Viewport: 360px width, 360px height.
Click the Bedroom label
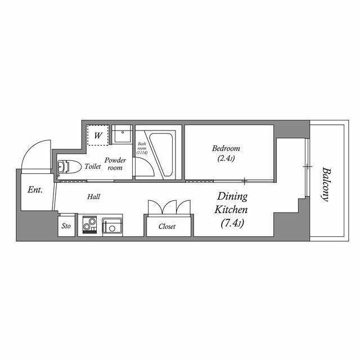(x=226, y=148)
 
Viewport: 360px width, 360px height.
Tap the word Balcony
(x=326, y=184)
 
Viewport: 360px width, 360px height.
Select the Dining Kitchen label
(x=231, y=203)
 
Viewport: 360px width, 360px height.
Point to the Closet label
(x=167, y=226)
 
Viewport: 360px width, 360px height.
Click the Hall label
(x=94, y=196)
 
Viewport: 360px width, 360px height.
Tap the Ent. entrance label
(x=35, y=190)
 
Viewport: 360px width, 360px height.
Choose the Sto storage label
(x=66, y=226)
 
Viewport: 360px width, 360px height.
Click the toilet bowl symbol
(x=69, y=166)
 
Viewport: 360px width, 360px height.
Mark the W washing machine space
(x=98, y=135)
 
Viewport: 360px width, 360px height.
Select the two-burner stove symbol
(x=89, y=224)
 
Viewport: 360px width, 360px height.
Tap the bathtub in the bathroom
(x=161, y=155)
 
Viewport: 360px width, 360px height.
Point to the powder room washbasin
(x=121, y=134)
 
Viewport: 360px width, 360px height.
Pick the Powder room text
(x=115, y=164)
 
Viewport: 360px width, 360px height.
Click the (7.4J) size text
(x=232, y=223)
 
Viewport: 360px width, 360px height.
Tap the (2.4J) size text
(x=226, y=159)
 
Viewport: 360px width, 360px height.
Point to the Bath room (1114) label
(x=142, y=148)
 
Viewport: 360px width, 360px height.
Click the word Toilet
(x=93, y=166)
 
